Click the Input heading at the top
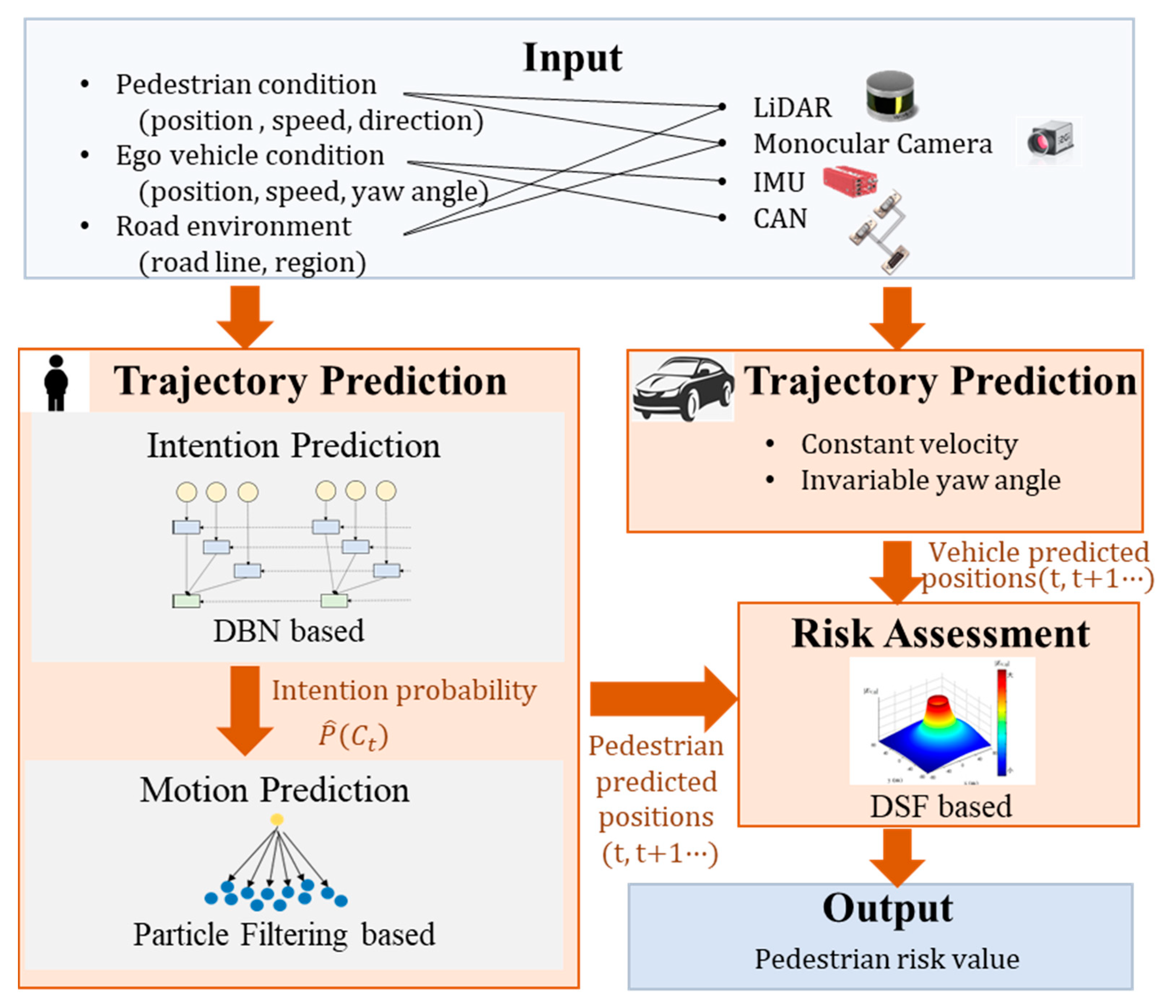tap(572, 58)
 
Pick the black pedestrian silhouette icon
tap(56, 383)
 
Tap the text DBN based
tap(288, 631)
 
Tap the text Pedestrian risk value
tap(887, 959)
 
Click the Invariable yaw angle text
tap(930, 480)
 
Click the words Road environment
tap(234, 227)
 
